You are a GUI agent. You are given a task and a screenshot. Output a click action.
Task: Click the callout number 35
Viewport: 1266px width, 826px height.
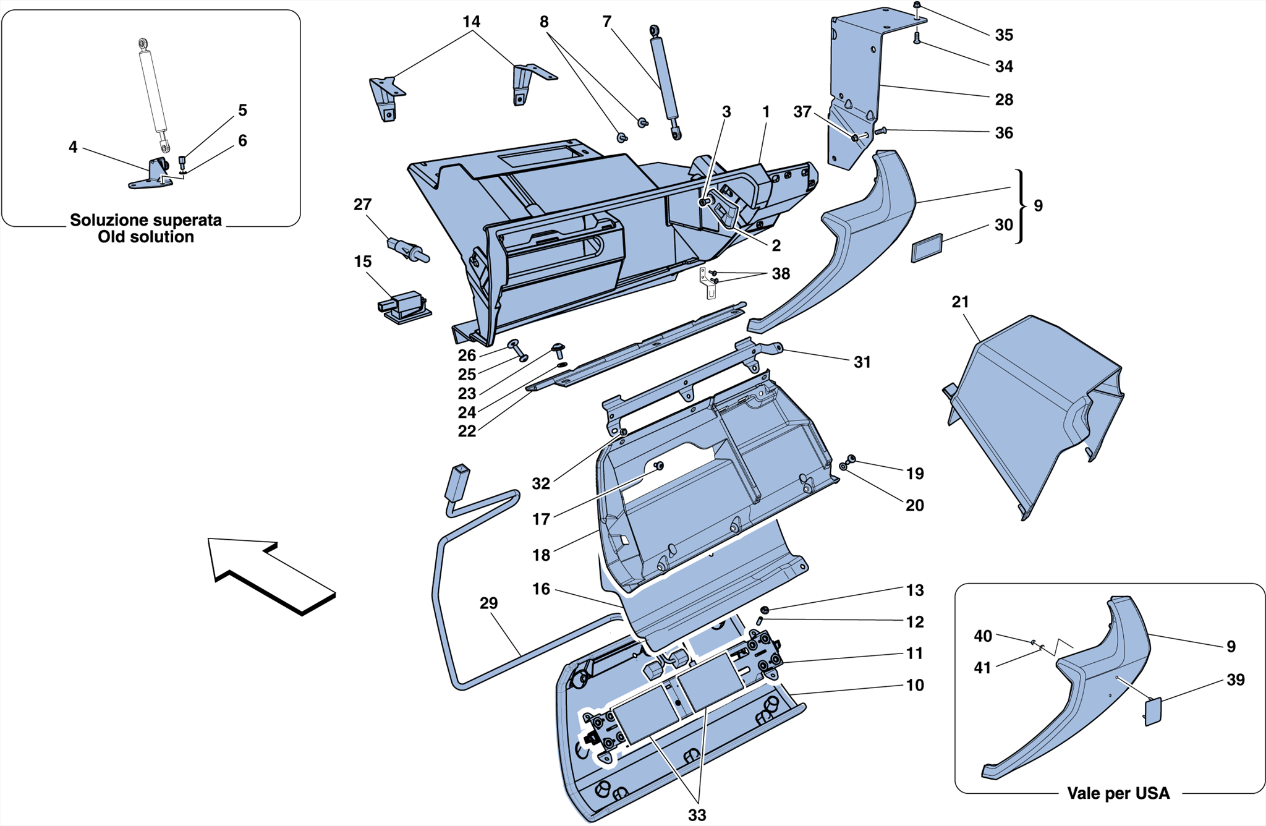point(1003,35)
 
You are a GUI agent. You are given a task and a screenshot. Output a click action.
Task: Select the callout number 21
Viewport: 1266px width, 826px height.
point(960,302)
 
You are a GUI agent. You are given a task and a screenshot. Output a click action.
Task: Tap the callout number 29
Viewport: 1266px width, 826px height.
point(488,603)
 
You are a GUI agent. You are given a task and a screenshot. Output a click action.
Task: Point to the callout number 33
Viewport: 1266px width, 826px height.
point(697,815)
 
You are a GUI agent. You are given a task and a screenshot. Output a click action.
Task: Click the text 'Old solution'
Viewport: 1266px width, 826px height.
point(146,237)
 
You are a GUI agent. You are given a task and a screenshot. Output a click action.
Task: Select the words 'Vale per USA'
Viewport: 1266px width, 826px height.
point(1118,793)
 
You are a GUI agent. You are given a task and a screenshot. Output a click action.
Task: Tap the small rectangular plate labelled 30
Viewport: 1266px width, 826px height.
point(927,248)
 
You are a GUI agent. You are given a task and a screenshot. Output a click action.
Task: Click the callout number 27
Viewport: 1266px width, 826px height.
point(362,205)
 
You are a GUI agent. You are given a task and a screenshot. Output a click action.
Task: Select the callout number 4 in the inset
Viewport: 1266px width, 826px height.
point(73,147)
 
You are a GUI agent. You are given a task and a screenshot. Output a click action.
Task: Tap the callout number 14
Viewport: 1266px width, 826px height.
point(471,22)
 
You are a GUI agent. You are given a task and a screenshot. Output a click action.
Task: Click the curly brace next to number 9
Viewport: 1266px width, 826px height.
point(1019,206)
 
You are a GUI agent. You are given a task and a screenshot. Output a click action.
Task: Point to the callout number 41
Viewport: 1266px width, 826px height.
point(982,668)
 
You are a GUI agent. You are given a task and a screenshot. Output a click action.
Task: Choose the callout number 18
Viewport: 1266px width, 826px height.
point(541,555)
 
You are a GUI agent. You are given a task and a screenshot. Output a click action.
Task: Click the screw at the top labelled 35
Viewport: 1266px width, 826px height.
point(917,6)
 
